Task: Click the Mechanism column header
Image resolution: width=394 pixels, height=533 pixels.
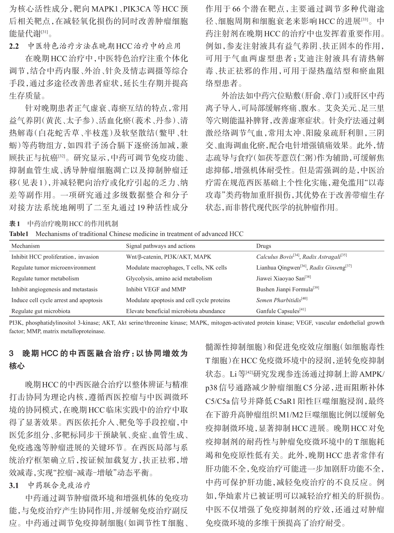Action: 25,246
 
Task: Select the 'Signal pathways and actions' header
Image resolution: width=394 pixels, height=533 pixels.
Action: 160,246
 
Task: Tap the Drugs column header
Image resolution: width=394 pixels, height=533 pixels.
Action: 263,246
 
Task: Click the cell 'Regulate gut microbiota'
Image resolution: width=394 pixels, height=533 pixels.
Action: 41,311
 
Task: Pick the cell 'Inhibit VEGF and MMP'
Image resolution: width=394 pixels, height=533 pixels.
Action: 156,289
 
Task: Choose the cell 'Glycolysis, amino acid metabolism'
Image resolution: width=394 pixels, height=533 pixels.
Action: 169,278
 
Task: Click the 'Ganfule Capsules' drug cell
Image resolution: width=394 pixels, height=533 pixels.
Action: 278,311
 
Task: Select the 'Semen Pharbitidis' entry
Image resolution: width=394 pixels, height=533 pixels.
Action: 279,300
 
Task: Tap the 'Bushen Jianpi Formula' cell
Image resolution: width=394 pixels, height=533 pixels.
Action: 284,289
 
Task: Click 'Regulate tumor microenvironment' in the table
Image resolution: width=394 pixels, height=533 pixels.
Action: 53,268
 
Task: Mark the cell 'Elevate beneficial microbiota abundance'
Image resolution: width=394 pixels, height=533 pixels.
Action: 175,311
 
